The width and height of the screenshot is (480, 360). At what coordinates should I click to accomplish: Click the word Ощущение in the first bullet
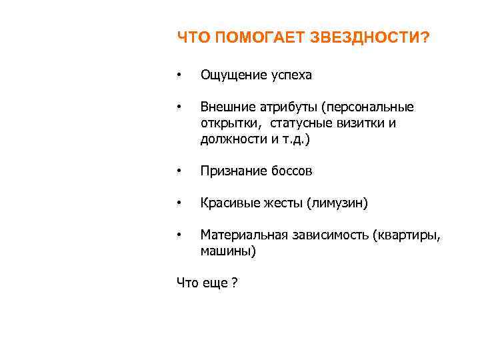click(233, 75)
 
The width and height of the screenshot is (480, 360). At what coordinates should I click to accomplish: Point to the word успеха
click(291, 75)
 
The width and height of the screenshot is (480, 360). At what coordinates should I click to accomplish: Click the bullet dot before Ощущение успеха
click(179, 75)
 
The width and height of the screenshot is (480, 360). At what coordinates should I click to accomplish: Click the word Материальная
click(243, 235)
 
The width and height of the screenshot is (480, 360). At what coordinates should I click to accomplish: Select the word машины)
click(228, 251)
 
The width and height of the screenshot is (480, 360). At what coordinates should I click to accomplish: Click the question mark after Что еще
click(235, 283)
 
